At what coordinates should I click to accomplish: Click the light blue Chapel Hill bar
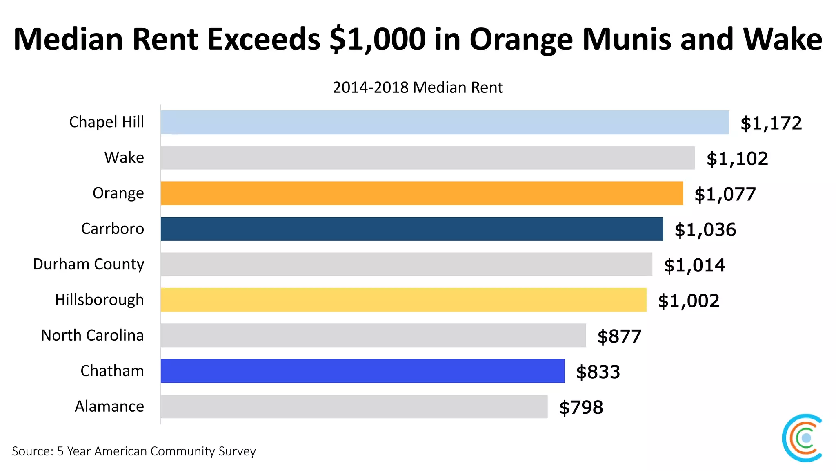[x=444, y=122]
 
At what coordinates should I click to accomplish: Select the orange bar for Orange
[x=421, y=193]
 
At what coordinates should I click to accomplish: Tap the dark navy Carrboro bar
[x=411, y=229]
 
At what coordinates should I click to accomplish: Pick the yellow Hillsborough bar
[x=403, y=300]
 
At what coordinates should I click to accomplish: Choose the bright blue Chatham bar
[x=362, y=371]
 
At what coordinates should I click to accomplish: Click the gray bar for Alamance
[x=354, y=406]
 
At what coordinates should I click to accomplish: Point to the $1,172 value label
[x=771, y=123]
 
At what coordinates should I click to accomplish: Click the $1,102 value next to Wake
[x=737, y=159]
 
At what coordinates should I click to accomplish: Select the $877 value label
[x=619, y=336]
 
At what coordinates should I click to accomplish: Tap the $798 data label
[x=580, y=408]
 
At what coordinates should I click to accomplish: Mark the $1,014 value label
[x=694, y=265]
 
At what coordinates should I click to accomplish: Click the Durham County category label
[x=88, y=265]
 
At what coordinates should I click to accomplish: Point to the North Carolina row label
[x=92, y=335]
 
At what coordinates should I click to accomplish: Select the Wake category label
[x=124, y=157]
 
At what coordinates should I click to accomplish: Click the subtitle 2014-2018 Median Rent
[x=417, y=87]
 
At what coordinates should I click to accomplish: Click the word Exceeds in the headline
[x=264, y=39]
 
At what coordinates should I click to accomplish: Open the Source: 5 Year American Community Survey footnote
[x=133, y=451]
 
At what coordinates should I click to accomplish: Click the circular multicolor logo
[x=803, y=438]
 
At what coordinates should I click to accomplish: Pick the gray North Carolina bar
[x=373, y=335]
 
